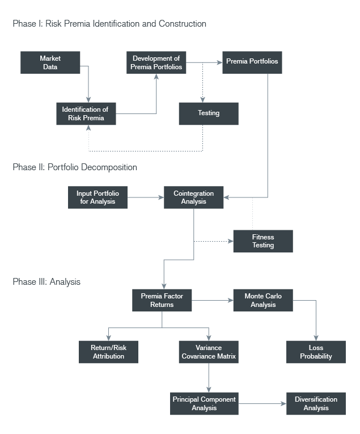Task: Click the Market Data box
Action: click(50, 62)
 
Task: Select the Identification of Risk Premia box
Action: click(86, 113)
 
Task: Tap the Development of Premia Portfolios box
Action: click(156, 62)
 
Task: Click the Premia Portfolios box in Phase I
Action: click(252, 62)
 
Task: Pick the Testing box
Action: click(208, 113)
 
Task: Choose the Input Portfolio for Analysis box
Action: click(98, 197)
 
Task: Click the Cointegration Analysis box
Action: click(193, 197)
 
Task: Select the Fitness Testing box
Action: click(263, 241)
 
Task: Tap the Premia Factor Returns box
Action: click(162, 300)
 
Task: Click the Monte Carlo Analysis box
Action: click(263, 300)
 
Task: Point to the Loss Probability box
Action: click(316, 352)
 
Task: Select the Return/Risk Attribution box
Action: click(108, 352)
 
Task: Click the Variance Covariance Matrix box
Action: click(208, 352)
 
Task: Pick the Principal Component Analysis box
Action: click(204, 403)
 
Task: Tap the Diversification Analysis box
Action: click(316, 403)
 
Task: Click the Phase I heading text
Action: click(109, 24)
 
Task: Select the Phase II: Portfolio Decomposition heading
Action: click(74, 167)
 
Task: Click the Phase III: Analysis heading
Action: click(46, 281)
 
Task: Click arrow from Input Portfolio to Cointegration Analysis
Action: click(146, 197)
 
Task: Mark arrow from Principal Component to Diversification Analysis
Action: click(262, 403)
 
